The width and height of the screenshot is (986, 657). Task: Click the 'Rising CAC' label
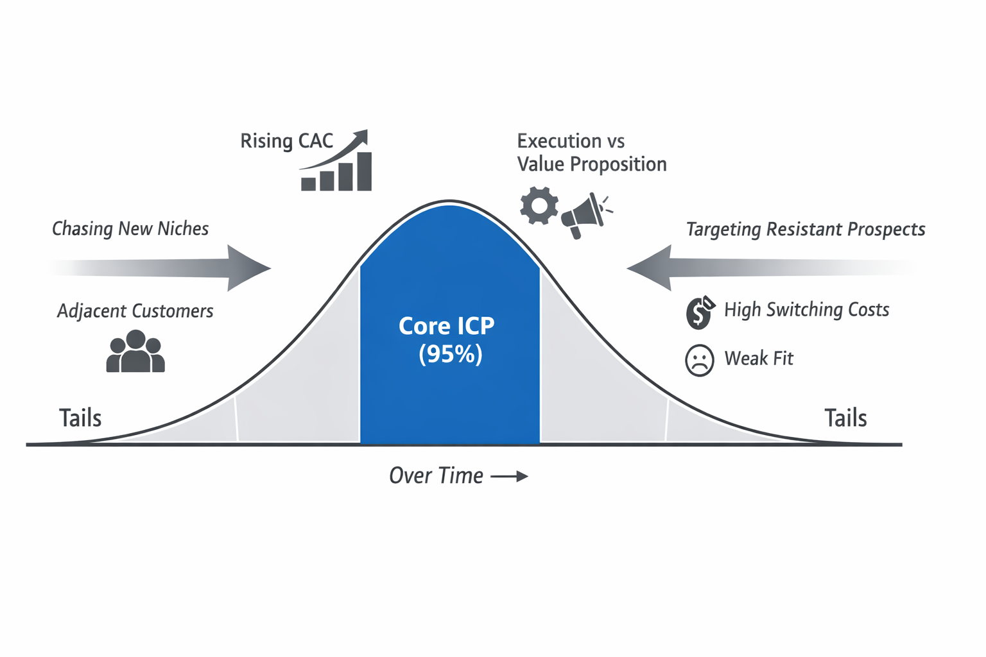point(286,141)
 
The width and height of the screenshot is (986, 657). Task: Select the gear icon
point(539,205)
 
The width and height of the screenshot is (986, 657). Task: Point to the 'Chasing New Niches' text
point(130,228)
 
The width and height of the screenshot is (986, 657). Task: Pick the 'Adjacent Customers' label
point(135,311)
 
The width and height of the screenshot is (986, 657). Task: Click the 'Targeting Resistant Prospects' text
point(806,229)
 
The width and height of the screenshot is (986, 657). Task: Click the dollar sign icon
point(699,312)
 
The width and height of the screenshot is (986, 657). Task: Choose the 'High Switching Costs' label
point(806,310)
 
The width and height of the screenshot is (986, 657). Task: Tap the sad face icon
point(699,360)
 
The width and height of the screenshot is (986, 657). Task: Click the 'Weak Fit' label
point(759,358)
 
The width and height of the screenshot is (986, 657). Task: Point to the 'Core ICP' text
point(447,326)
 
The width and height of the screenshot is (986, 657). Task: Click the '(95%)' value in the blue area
point(450,354)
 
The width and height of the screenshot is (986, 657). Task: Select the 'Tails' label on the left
point(80,418)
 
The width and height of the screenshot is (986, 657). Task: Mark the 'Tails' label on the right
point(845,418)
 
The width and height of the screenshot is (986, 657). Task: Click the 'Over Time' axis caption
point(436,475)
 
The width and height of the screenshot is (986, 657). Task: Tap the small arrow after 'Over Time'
point(510,476)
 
